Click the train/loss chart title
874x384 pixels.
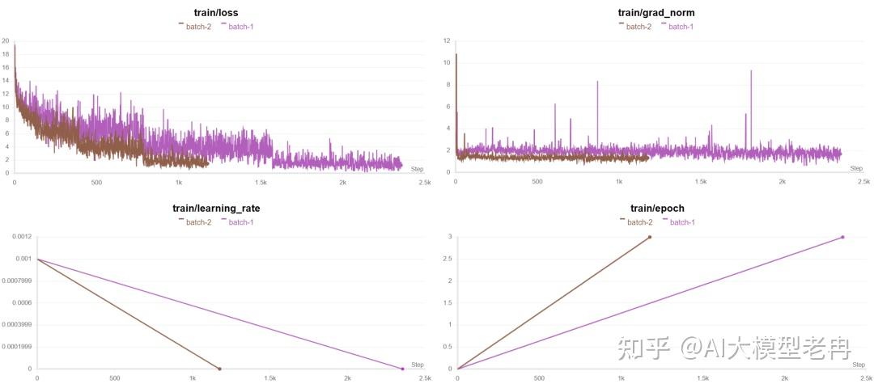click(217, 13)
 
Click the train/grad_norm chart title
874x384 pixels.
click(655, 13)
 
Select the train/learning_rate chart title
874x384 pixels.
click(217, 208)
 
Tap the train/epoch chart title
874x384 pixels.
click(655, 208)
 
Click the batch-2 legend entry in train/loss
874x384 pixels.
click(197, 27)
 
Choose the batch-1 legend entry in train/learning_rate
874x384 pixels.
click(240, 222)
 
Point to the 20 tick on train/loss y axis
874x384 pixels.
click(6, 41)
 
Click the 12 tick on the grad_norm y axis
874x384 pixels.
click(447, 40)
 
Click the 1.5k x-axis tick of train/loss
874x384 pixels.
click(261, 183)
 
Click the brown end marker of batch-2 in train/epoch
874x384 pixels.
click(649, 237)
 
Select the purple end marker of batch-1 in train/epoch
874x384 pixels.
click(842, 237)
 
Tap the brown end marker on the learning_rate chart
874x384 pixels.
click(219, 369)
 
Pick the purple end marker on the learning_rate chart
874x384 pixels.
click(402, 369)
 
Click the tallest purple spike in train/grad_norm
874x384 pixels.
click(751, 72)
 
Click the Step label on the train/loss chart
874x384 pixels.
click(417, 169)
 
